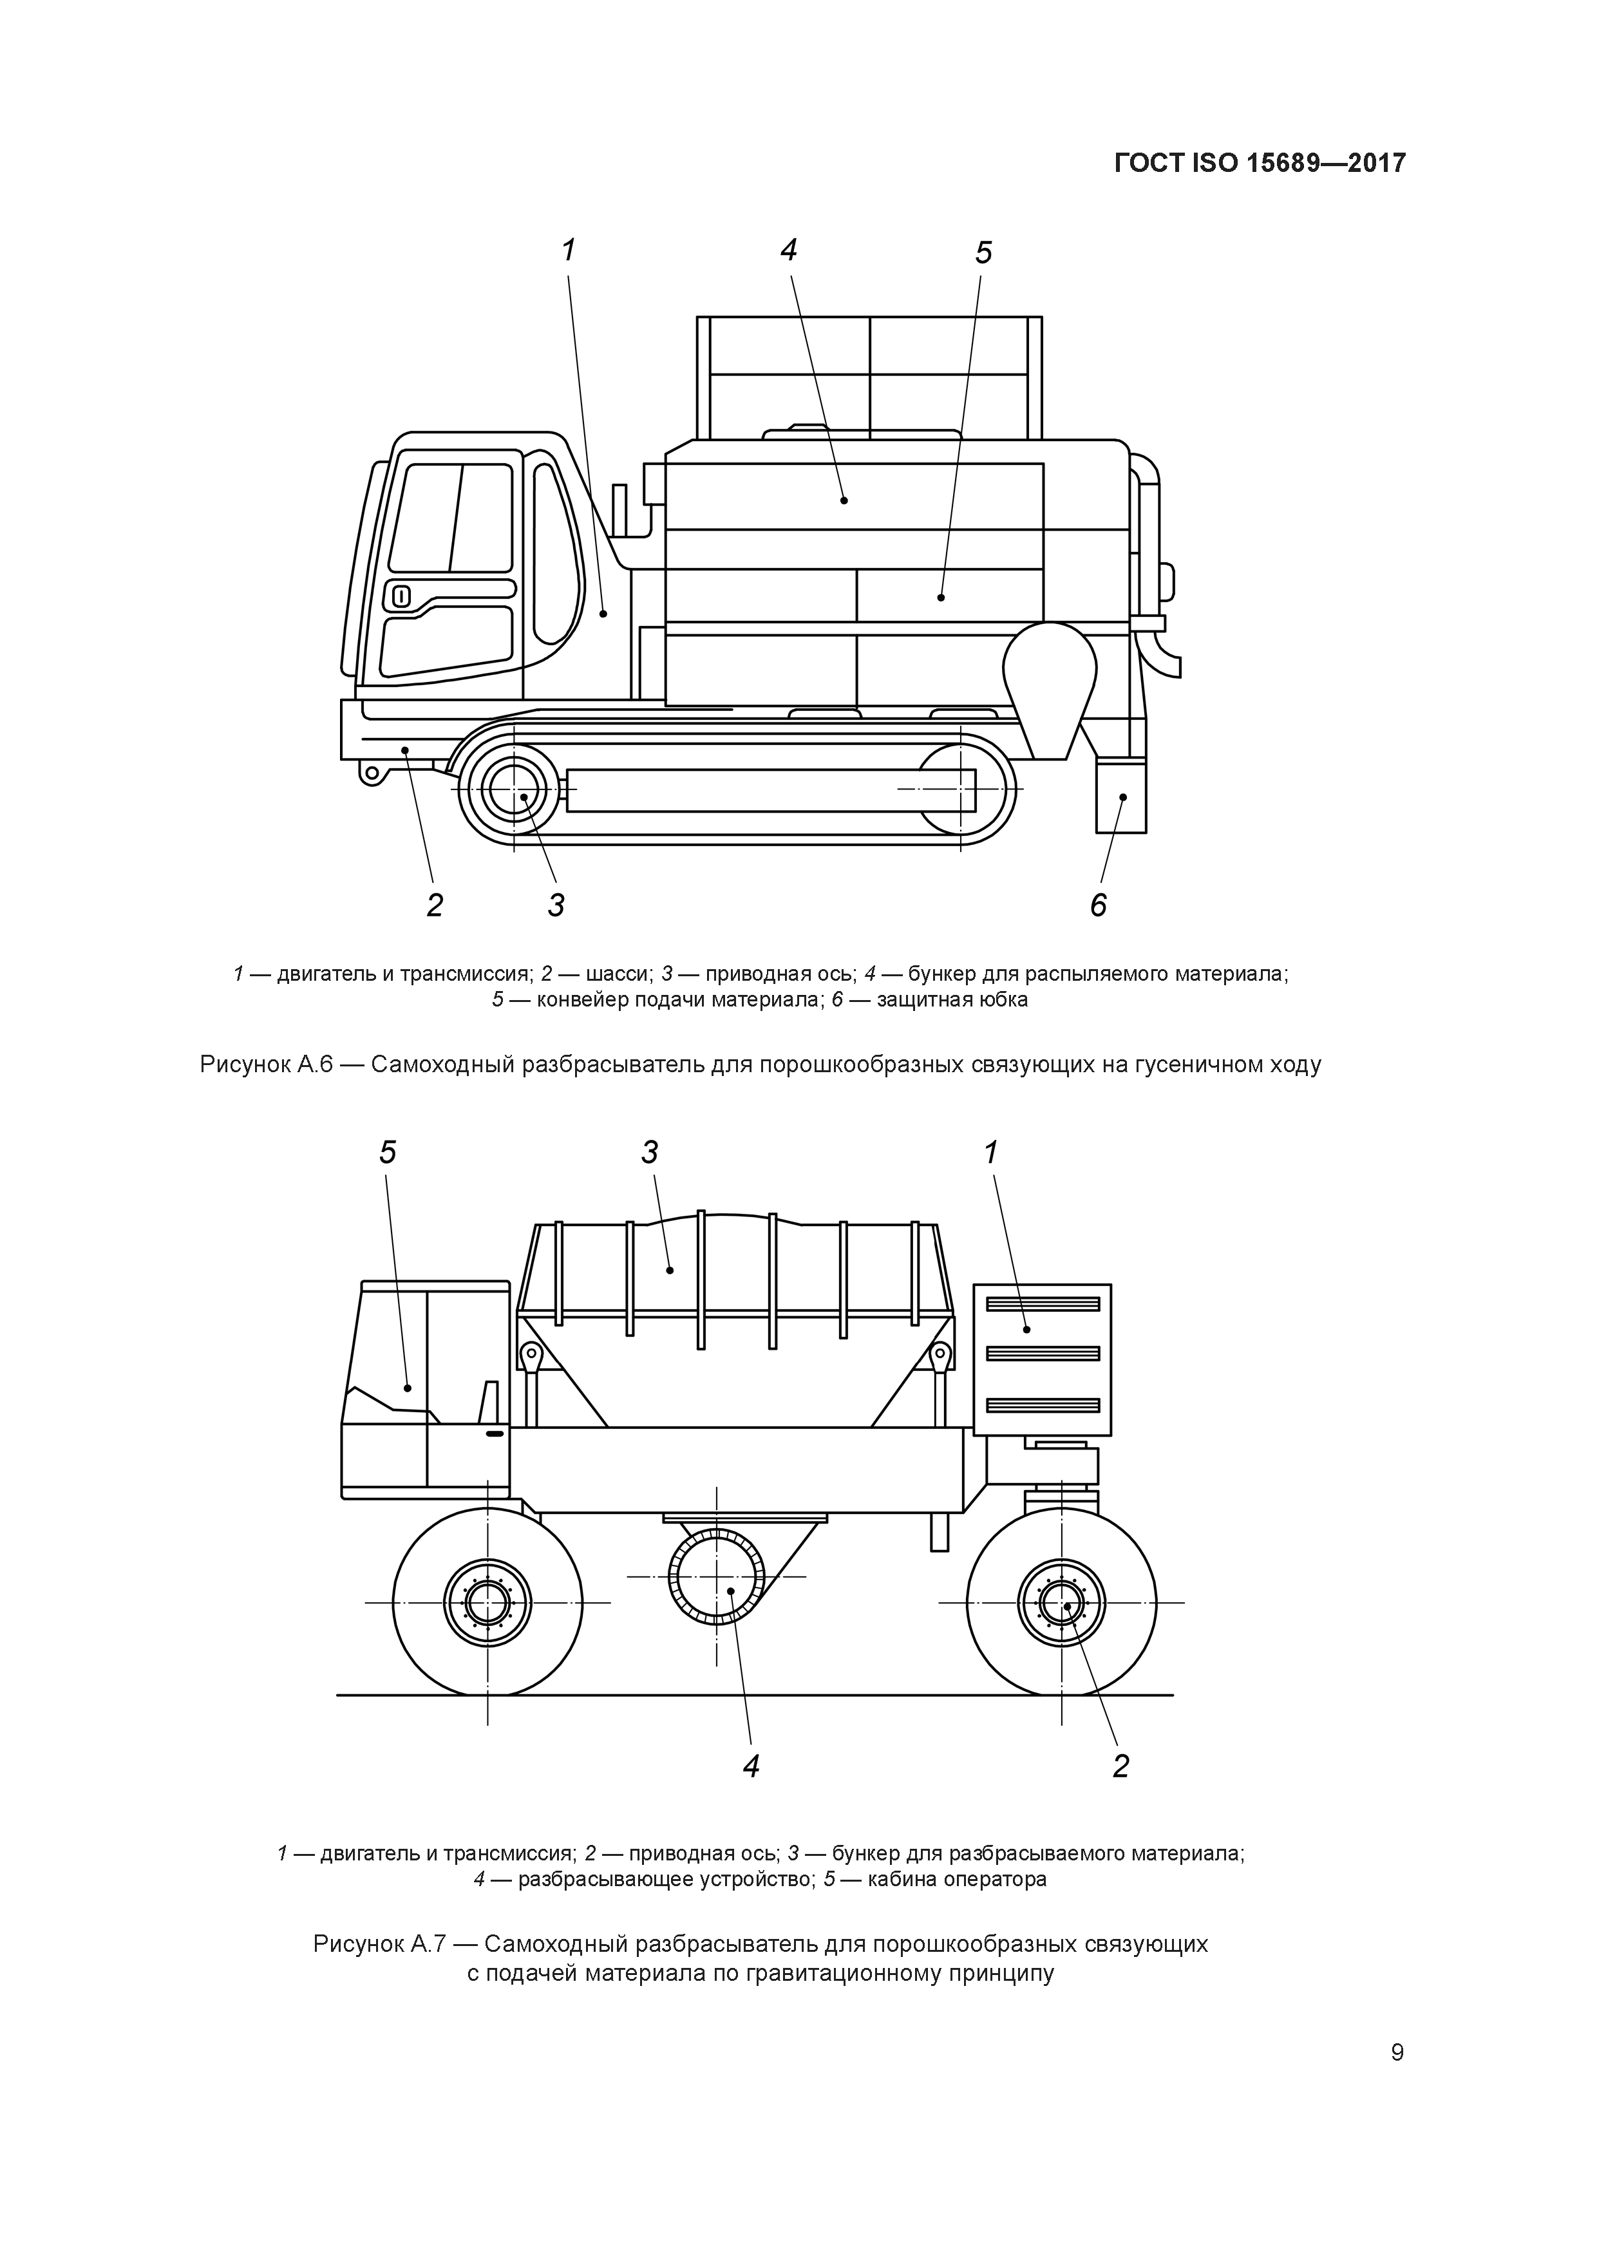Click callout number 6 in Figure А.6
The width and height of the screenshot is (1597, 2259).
click(1098, 904)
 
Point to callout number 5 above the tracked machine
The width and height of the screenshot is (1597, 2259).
click(983, 254)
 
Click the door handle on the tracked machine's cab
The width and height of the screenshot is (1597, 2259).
click(401, 595)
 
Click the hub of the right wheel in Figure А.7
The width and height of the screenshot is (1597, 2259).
click(1062, 1603)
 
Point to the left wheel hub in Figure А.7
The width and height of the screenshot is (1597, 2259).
click(486, 1603)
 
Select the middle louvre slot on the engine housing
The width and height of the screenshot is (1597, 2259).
click(1042, 1354)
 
